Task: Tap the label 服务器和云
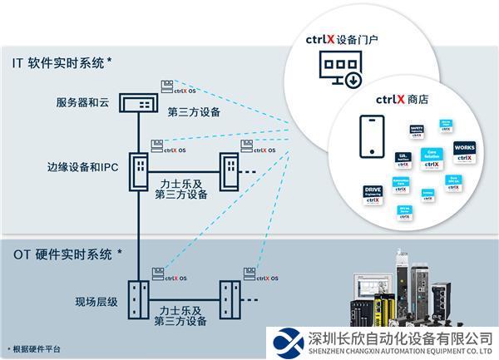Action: (x=82, y=104)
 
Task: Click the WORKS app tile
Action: (x=464, y=151)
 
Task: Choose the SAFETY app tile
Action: (x=417, y=131)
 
